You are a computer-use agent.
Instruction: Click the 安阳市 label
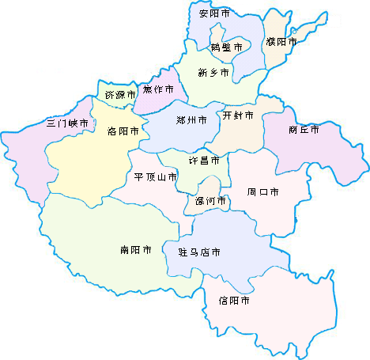tap(214, 13)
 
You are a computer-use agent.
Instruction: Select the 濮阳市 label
tap(281, 41)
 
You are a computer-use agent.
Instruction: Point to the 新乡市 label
tap(213, 73)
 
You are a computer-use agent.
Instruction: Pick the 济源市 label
tap(120, 95)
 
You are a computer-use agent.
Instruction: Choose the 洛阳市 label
tap(123, 131)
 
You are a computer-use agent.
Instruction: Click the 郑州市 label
tap(191, 120)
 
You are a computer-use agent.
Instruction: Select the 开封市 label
tap(238, 116)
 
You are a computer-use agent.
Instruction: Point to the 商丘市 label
tap(304, 129)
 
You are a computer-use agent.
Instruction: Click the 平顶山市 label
tap(156, 176)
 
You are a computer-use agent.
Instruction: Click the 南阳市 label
tap(136, 250)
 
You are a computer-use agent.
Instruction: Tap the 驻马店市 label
tap(194, 252)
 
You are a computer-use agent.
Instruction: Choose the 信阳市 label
tap(235, 301)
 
